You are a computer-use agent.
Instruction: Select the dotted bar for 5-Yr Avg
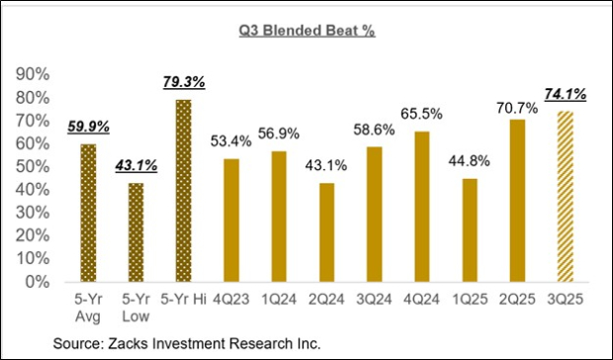(x=87, y=213)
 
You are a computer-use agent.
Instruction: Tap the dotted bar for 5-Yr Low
(x=136, y=232)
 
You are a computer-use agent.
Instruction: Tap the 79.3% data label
(x=184, y=82)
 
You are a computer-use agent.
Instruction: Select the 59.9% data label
(x=87, y=127)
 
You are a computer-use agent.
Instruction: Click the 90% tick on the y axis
(x=37, y=74)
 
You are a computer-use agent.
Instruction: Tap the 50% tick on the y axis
(x=37, y=166)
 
